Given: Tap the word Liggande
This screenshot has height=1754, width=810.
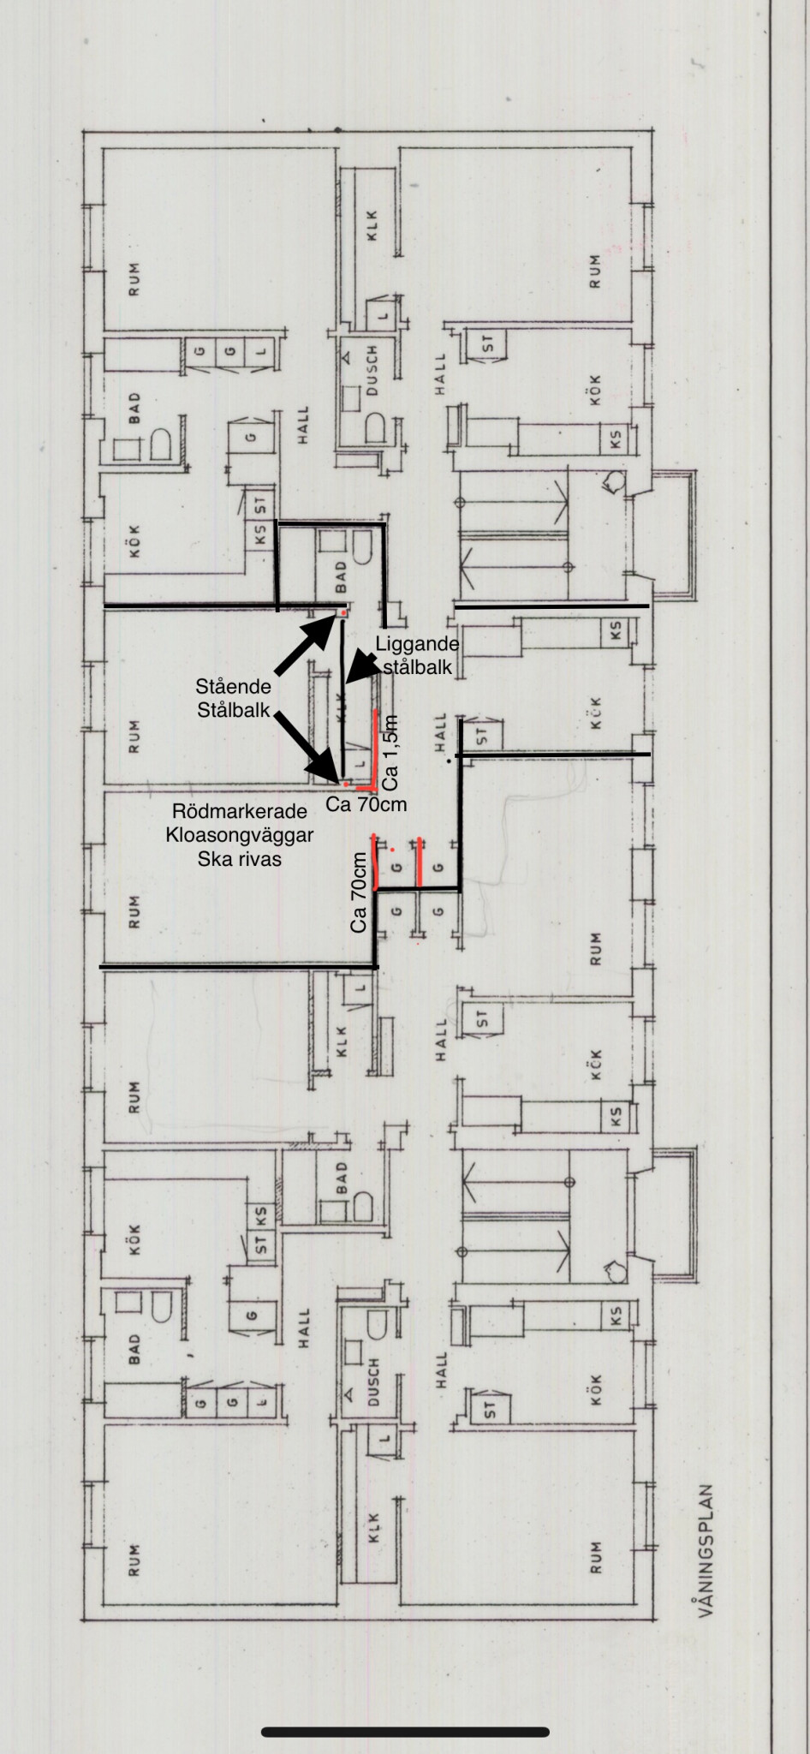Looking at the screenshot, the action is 418,643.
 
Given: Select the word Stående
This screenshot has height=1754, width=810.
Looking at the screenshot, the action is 233,686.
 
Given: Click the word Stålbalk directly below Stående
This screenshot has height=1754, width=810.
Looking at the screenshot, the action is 233,709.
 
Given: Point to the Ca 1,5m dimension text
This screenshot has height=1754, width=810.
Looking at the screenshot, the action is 391,751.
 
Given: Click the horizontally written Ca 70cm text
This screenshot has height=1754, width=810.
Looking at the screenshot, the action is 366,804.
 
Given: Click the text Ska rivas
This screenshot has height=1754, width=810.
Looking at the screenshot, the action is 240,859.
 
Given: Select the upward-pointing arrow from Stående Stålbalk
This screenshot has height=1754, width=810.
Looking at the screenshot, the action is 304,640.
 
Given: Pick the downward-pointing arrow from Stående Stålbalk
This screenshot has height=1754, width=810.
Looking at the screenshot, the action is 306,747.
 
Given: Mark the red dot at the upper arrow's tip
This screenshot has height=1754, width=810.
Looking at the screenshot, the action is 344,613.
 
